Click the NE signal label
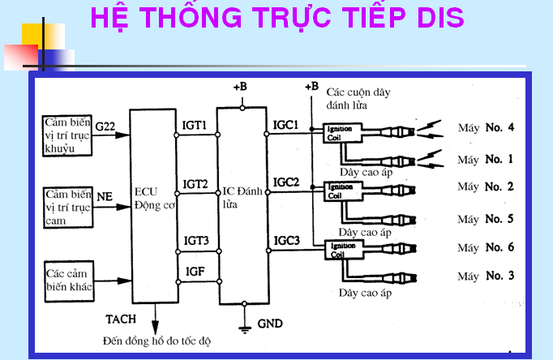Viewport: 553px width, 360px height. (105, 195)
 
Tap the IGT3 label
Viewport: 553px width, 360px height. (195, 241)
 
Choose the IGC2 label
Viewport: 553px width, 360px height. (287, 182)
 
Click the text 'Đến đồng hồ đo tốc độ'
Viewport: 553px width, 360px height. (156, 341)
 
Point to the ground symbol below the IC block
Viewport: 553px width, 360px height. (245, 328)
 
